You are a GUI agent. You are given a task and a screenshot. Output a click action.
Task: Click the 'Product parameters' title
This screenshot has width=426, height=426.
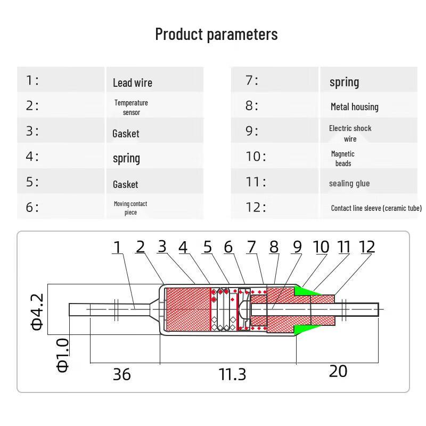click(x=216, y=35)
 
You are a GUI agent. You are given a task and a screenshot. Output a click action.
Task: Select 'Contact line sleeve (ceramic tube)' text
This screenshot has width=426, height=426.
click(x=376, y=208)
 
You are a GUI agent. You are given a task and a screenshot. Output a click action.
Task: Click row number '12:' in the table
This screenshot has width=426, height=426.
click(x=256, y=207)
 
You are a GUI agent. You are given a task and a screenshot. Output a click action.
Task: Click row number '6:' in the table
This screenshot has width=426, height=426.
click(x=32, y=207)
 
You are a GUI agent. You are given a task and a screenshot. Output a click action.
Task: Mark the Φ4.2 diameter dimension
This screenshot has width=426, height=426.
click(x=37, y=312)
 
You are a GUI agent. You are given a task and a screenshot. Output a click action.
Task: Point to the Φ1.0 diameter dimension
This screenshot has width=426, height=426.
click(x=63, y=355)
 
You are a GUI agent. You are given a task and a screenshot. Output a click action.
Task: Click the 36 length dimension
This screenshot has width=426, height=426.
click(x=122, y=374)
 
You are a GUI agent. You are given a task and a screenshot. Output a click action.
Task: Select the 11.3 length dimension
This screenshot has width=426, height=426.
click(x=232, y=374)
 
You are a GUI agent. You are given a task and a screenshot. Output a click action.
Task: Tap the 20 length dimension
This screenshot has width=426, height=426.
click(x=338, y=371)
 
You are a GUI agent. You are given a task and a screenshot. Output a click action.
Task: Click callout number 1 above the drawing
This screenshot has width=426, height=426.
click(x=117, y=247)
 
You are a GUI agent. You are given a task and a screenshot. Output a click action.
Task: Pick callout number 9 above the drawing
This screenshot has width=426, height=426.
click(x=297, y=247)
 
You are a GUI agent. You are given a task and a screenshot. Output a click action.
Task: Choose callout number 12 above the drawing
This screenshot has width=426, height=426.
click(x=367, y=247)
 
